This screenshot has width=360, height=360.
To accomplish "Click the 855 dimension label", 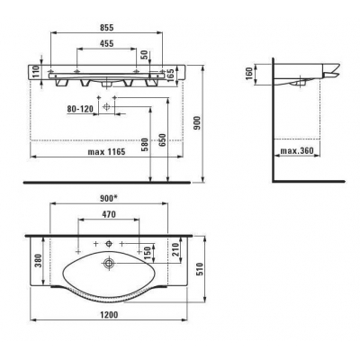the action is coord(106,27).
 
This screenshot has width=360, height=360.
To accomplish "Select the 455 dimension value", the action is coord(106,43).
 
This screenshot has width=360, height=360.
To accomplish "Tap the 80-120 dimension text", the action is coord(80,109).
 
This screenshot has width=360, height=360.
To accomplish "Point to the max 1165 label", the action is coord(106,152).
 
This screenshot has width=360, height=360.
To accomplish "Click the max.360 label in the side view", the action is coord(297,150).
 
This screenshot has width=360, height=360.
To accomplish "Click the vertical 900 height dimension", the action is coord(196,123).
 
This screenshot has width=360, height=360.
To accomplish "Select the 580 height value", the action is coord(145,145).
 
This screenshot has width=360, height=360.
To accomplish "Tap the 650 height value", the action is coord(162,140).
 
